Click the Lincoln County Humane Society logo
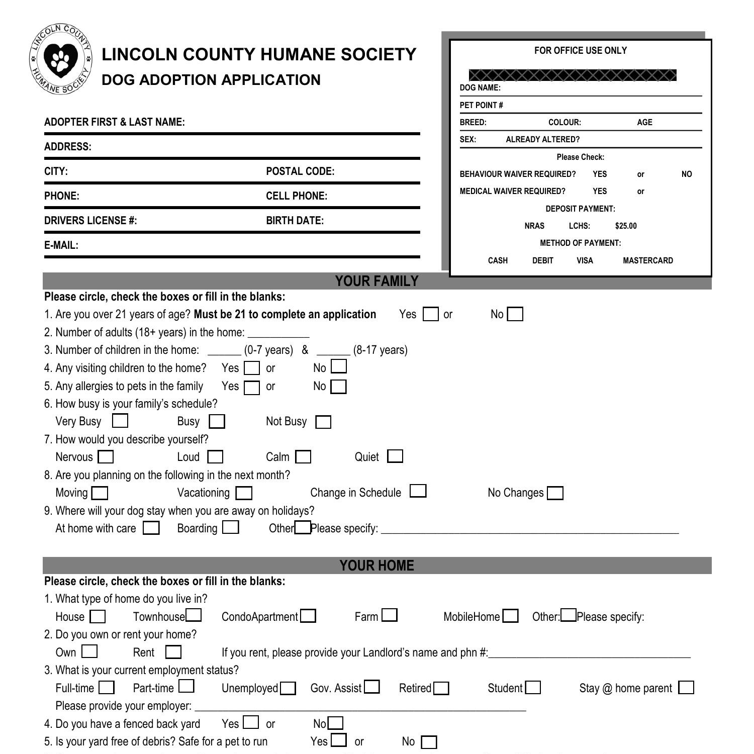(x=61, y=58)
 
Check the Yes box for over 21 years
(x=430, y=314)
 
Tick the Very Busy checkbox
(x=120, y=420)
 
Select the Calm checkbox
(x=303, y=457)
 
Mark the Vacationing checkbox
(x=244, y=493)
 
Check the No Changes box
(x=555, y=493)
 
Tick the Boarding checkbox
(x=231, y=527)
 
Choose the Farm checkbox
(x=389, y=615)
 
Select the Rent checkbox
(x=173, y=652)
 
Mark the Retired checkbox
(x=441, y=688)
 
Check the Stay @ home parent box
(x=686, y=688)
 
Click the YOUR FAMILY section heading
(x=376, y=281)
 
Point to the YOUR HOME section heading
(x=376, y=565)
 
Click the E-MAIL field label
(x=61, y=245)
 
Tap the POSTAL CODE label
(x=300, y=171)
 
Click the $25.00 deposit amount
(x=625, y=226)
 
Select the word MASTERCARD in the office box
(x=647, y=260)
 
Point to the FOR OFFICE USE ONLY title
(x=580, y=50)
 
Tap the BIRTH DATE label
(x=295, y=221)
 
